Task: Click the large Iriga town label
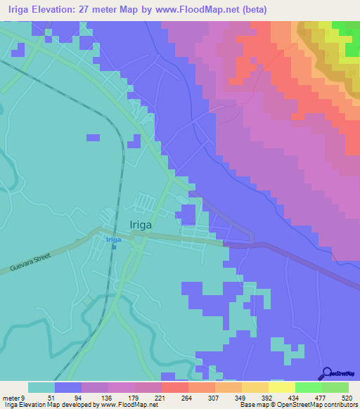click(146, 225)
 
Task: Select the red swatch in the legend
click(174, 387)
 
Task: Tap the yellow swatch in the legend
click(281, 387)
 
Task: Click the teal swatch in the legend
click(41, 387)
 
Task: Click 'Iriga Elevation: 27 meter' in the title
click(60, 9)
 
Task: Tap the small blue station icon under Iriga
click(112, 247)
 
